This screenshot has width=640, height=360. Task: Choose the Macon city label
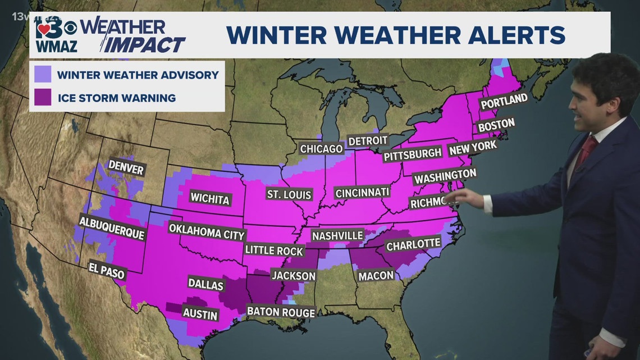(x=372, y=275)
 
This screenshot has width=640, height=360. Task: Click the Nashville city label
(x=337, y=235)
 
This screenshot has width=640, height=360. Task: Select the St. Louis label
(x=289, y=195)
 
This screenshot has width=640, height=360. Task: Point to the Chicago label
(x=321, y=149)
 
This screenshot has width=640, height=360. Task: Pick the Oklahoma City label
(x=207, y=231)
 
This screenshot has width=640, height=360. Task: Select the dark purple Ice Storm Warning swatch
(x=43, y=98)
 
